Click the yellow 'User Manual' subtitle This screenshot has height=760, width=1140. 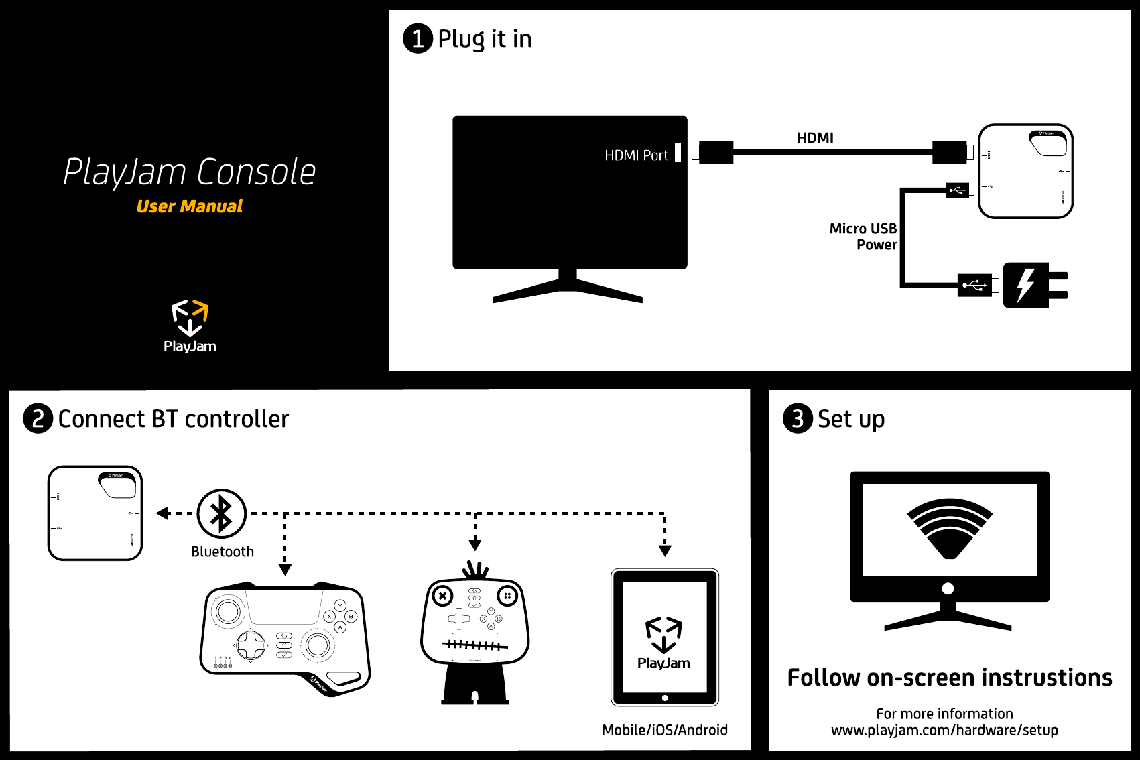click(x=190, y=206)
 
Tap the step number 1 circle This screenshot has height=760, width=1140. click(x=418, y=38)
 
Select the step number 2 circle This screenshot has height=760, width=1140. click(x=38, y=419)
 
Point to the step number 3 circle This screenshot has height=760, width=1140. click(x=798, y=419)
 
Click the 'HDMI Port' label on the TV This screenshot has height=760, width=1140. click(x=636, y=155)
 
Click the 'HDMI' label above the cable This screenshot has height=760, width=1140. click(x=815, y=138)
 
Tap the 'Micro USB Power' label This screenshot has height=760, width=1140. click(x=863, y=237)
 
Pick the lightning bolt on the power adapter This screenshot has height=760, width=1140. click(x=1025, y=286)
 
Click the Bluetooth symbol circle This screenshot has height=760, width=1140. click(x=222, y=513)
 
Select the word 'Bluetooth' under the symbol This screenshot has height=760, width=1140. click(x=223, y=552)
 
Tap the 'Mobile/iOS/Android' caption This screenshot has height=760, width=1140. click(x=665, y=730)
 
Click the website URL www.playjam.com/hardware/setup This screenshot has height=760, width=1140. click(x=944, y=730)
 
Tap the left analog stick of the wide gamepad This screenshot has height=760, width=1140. click(x=227, y=611)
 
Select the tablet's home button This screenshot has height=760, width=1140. click(x=665, y=698)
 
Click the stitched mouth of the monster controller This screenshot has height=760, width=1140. click(x=474, y=645)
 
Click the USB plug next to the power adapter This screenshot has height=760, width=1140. click(x=975, y=286)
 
